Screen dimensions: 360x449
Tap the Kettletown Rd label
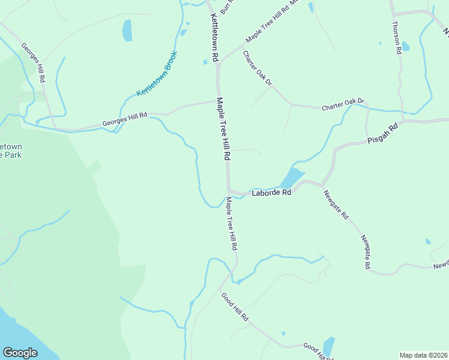213,38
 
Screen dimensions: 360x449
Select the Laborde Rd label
271,193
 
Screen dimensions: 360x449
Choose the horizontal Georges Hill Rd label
124,119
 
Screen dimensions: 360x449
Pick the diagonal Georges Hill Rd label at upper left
34,62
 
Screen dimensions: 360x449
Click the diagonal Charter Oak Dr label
257,68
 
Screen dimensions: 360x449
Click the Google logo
20,353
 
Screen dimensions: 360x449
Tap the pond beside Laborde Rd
291,178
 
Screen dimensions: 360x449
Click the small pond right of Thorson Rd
405,47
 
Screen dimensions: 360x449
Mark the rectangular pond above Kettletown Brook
127,31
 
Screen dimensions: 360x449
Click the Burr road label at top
226,7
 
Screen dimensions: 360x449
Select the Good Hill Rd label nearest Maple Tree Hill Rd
234,307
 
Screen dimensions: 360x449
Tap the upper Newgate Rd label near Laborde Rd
336,205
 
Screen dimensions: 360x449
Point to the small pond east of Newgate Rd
427,242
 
